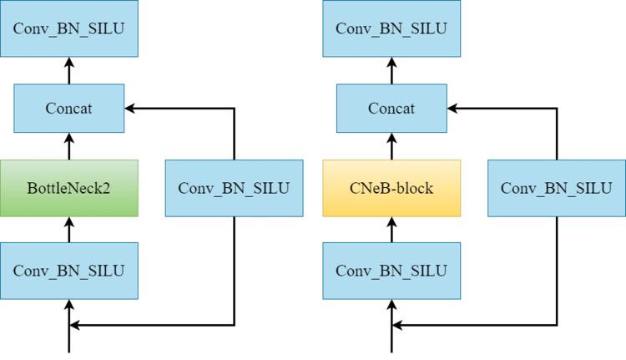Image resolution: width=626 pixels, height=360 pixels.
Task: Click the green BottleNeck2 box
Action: point(68,188)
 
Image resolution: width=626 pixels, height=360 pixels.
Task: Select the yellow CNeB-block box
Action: point(391,188)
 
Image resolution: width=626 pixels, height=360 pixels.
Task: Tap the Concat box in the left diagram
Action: point(68,109)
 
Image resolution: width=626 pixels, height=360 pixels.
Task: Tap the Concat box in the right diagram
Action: point(391,109)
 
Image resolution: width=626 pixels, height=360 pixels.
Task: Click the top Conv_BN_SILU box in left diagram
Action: point(68,28)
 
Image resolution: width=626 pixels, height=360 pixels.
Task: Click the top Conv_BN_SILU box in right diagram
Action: point(391,28)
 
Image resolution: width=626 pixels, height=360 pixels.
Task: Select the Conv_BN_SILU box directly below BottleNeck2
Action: point(68,271)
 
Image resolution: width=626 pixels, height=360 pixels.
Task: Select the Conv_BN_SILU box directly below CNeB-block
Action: point(391,271)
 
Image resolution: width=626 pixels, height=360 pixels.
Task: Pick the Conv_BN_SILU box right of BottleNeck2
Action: point(234,188)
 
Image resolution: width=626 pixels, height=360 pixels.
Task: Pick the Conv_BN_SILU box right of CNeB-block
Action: point(557,188)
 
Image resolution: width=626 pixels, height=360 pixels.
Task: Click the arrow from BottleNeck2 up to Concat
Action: point(69,147)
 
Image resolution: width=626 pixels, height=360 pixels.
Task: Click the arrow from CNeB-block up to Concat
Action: point(391,147)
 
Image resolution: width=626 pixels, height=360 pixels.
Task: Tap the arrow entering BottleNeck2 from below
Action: point(69,229)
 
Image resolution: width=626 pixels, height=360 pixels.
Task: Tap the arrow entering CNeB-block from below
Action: point(391,229)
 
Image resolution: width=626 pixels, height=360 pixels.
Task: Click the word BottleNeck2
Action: point(68,188)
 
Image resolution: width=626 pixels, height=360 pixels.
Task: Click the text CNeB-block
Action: point(391,188)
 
